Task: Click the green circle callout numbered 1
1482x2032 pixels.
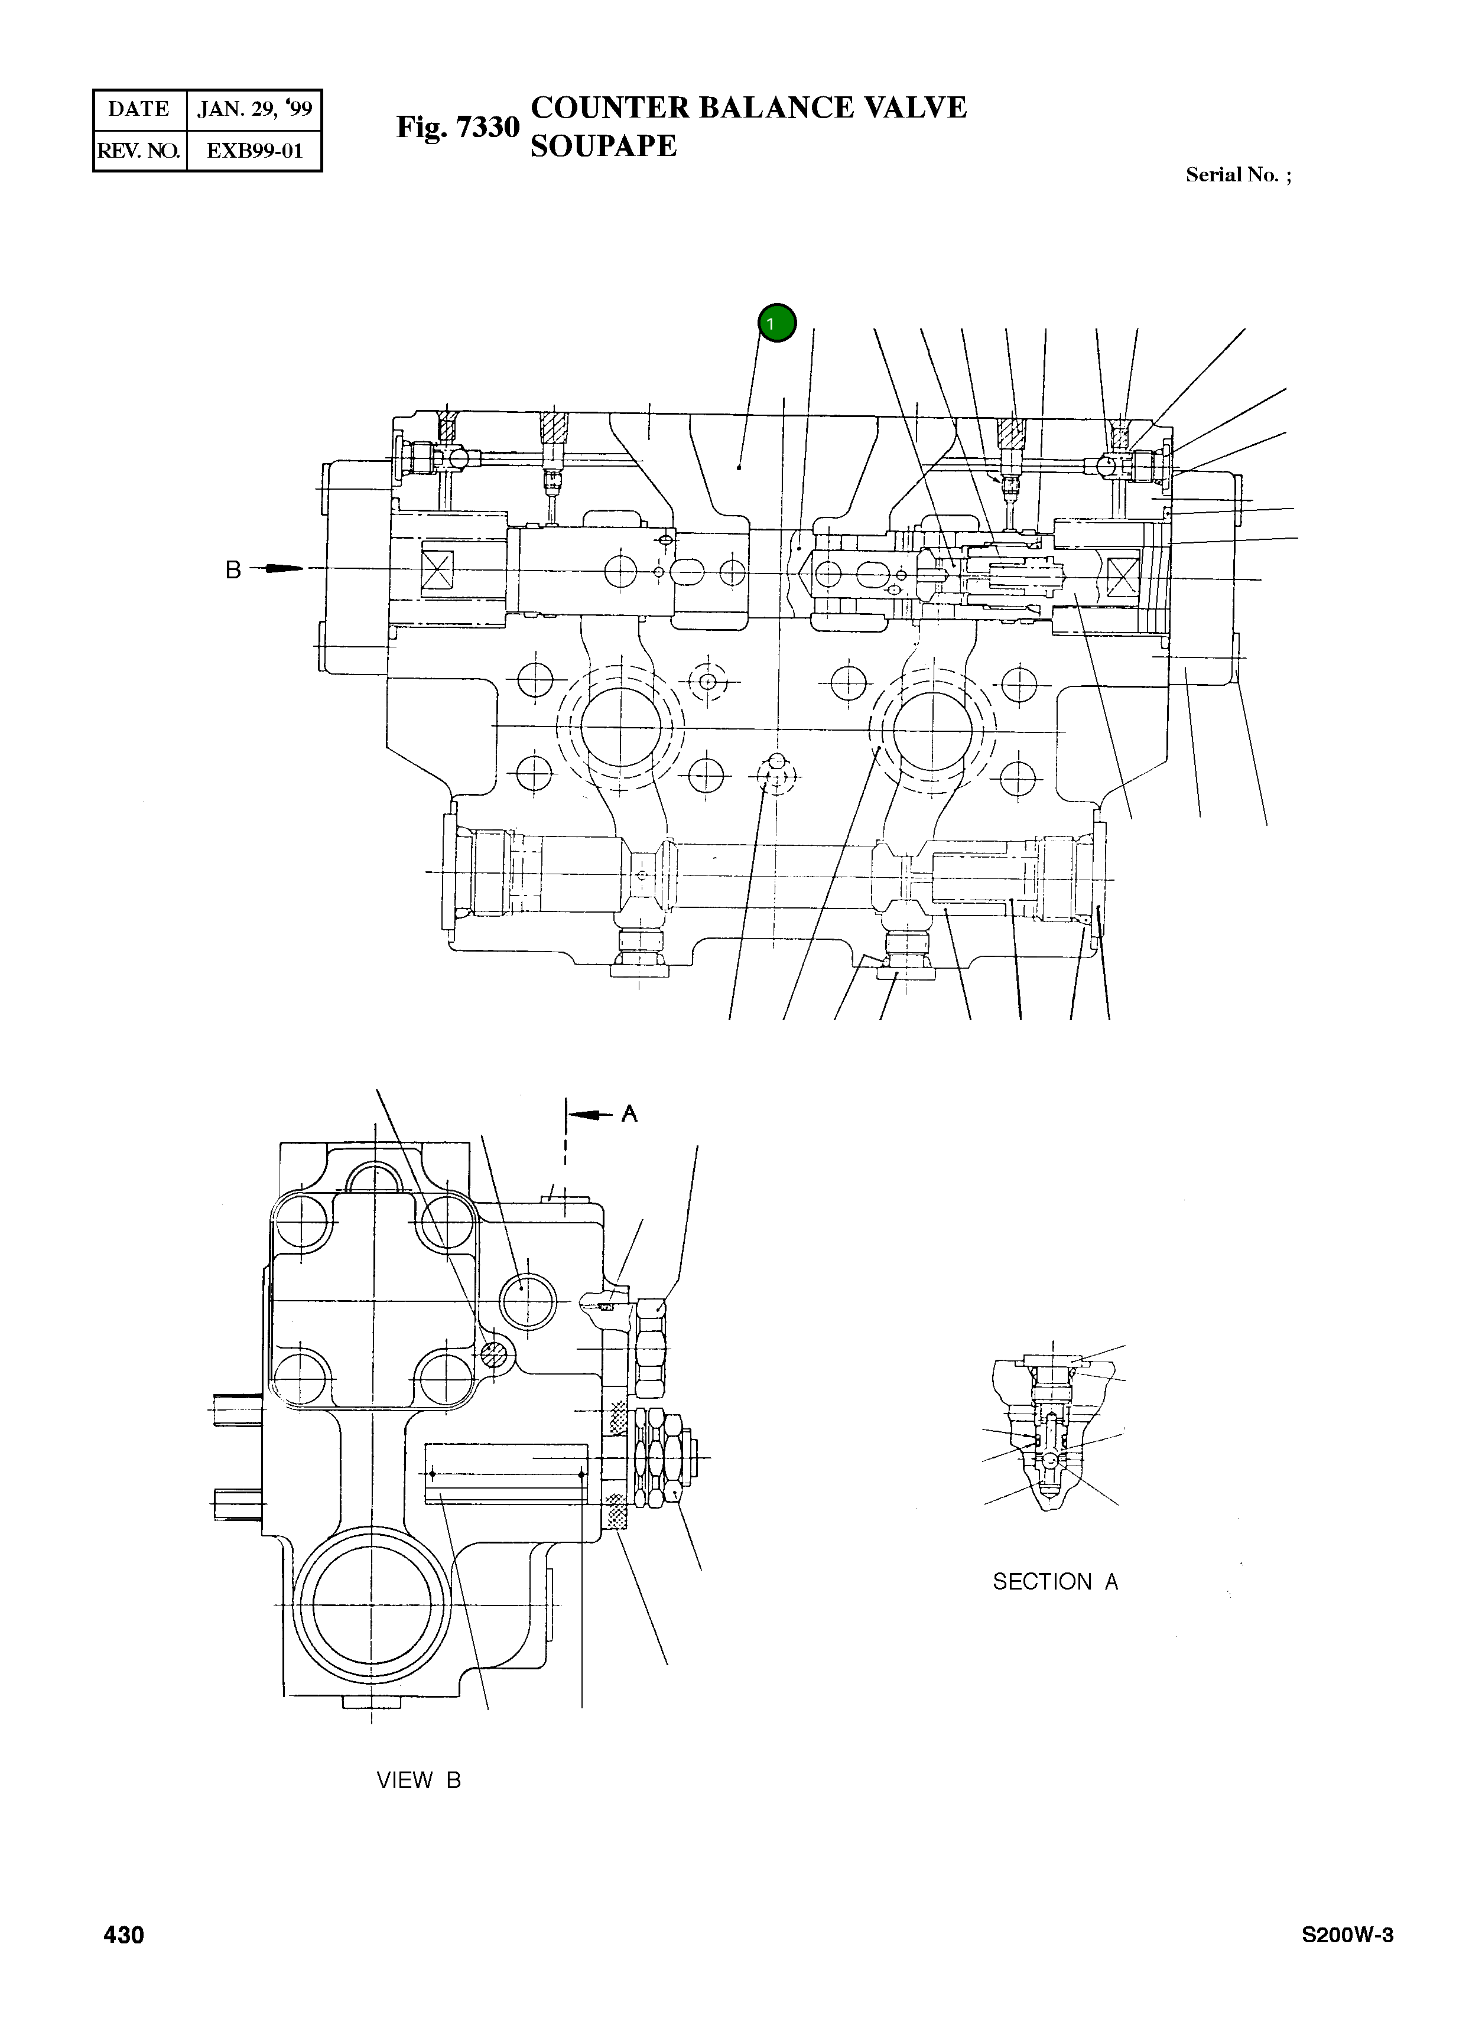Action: click(x=777, y=323)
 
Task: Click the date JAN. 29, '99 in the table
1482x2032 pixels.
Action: click(x=254, y=109)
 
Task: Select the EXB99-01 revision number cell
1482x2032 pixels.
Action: click(x=254, y=151)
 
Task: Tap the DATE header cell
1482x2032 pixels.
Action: click(x=139, y=109)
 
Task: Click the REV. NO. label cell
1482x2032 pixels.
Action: click(x=139, y=151)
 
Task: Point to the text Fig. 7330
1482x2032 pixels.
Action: click(x=457, y=128)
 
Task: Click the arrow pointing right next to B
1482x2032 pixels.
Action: click(x=280, y=568)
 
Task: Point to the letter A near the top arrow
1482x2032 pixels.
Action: click(x=630, y=1113)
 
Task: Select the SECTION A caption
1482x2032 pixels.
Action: click(x=1055, y=1582)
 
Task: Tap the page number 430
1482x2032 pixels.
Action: click(x=124, y=1935)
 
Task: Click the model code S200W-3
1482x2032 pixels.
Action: click(x=1347, y=1935)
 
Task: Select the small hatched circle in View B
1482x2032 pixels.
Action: click(x=492, y=1356)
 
